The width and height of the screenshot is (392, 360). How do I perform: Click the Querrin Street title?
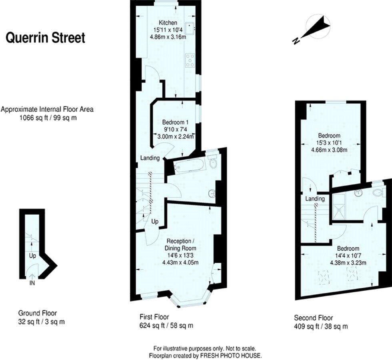coord(45,38)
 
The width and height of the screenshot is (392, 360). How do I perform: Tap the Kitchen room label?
coord(168,22)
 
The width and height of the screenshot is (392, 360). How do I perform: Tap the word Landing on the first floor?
coord(150,158)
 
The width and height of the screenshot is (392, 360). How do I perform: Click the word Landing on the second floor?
coord(315,199)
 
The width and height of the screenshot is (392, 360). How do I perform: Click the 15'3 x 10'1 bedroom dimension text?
coord(329,143)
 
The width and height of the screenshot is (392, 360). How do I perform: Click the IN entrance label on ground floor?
coord(32,283)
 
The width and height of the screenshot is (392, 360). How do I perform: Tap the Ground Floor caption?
coord(37,313)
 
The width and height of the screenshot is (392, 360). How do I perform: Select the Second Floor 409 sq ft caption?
coord(320,322)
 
